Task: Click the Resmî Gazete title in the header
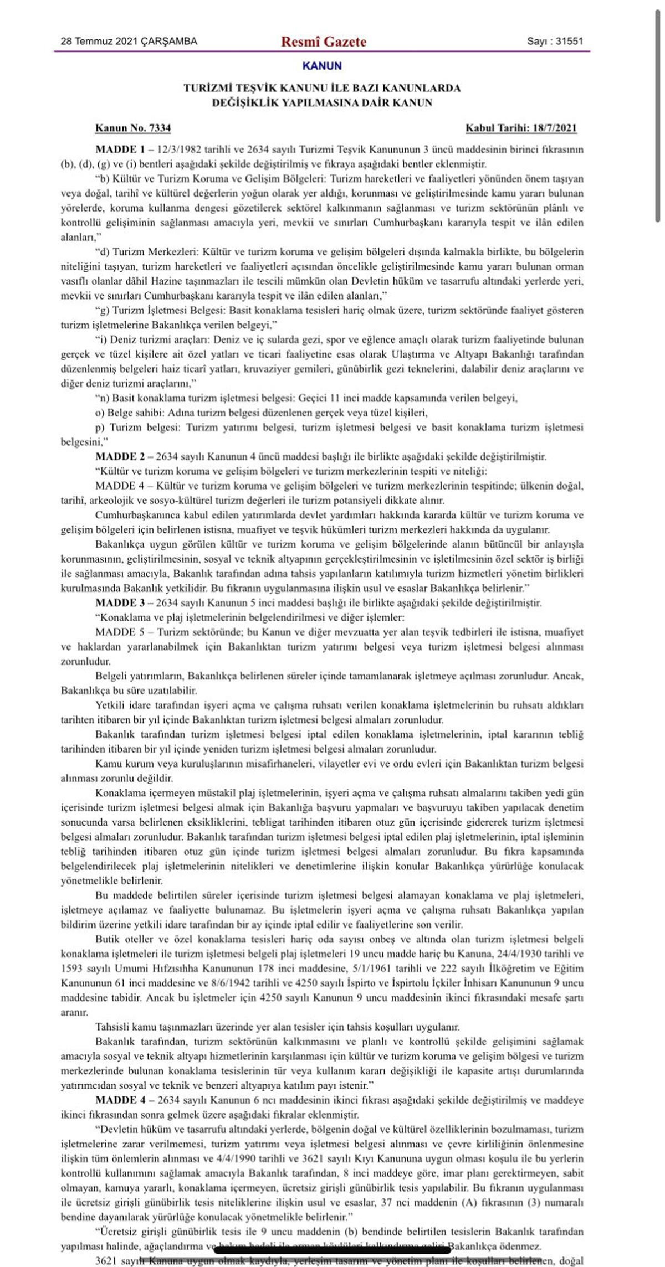324,42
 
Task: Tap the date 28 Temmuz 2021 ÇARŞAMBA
129,41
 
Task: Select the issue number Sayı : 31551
555,41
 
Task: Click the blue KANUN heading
322,66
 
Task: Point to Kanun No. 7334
133,128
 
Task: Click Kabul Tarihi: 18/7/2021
521,128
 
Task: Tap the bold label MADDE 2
120,457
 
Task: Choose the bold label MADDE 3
120,603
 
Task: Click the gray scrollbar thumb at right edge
658,116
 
